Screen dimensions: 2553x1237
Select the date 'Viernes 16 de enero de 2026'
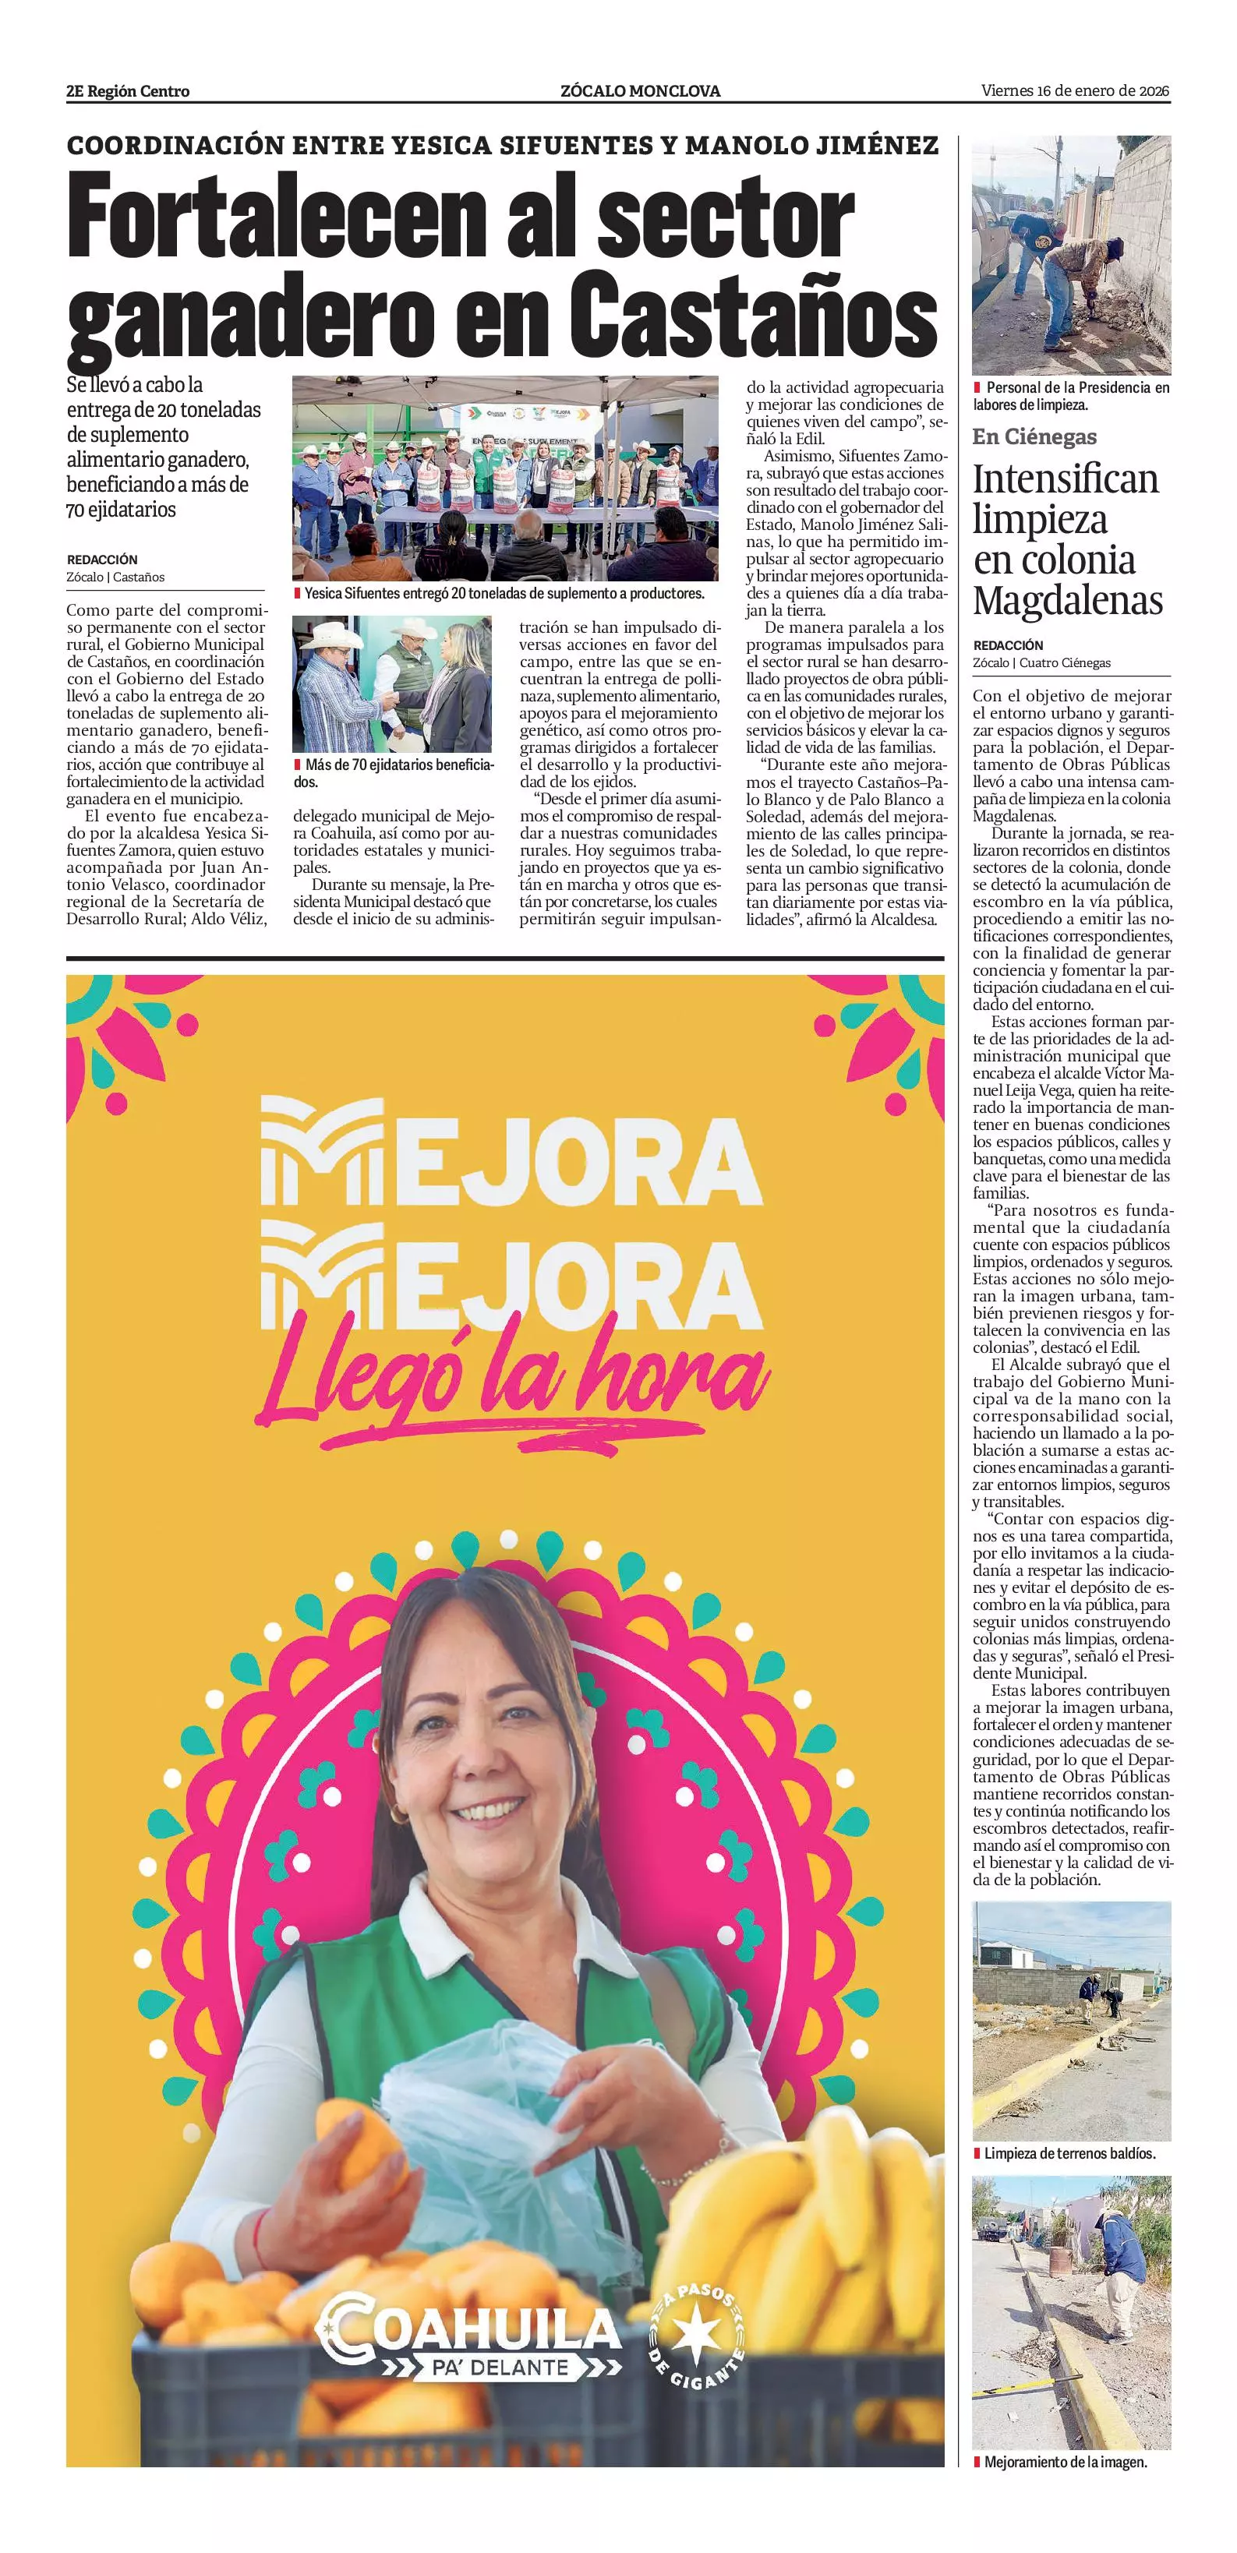point(1076,91)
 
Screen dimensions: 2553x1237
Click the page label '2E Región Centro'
point(128,91)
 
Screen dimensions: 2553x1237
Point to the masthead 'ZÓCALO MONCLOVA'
point(640,91)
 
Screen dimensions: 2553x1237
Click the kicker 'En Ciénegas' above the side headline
point(1034,436)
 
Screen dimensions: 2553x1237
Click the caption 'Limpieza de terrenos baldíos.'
point(1069,2152)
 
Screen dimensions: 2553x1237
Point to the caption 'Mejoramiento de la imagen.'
point(1065,2462)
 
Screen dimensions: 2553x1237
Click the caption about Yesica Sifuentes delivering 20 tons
point(504,594)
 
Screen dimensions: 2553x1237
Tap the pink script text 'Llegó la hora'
point(512,1379)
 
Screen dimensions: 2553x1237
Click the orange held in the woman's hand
point(360,2144)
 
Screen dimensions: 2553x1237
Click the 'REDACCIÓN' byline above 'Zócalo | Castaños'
point(102,560)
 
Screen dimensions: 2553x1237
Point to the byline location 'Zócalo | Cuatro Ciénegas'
point(1041,663)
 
